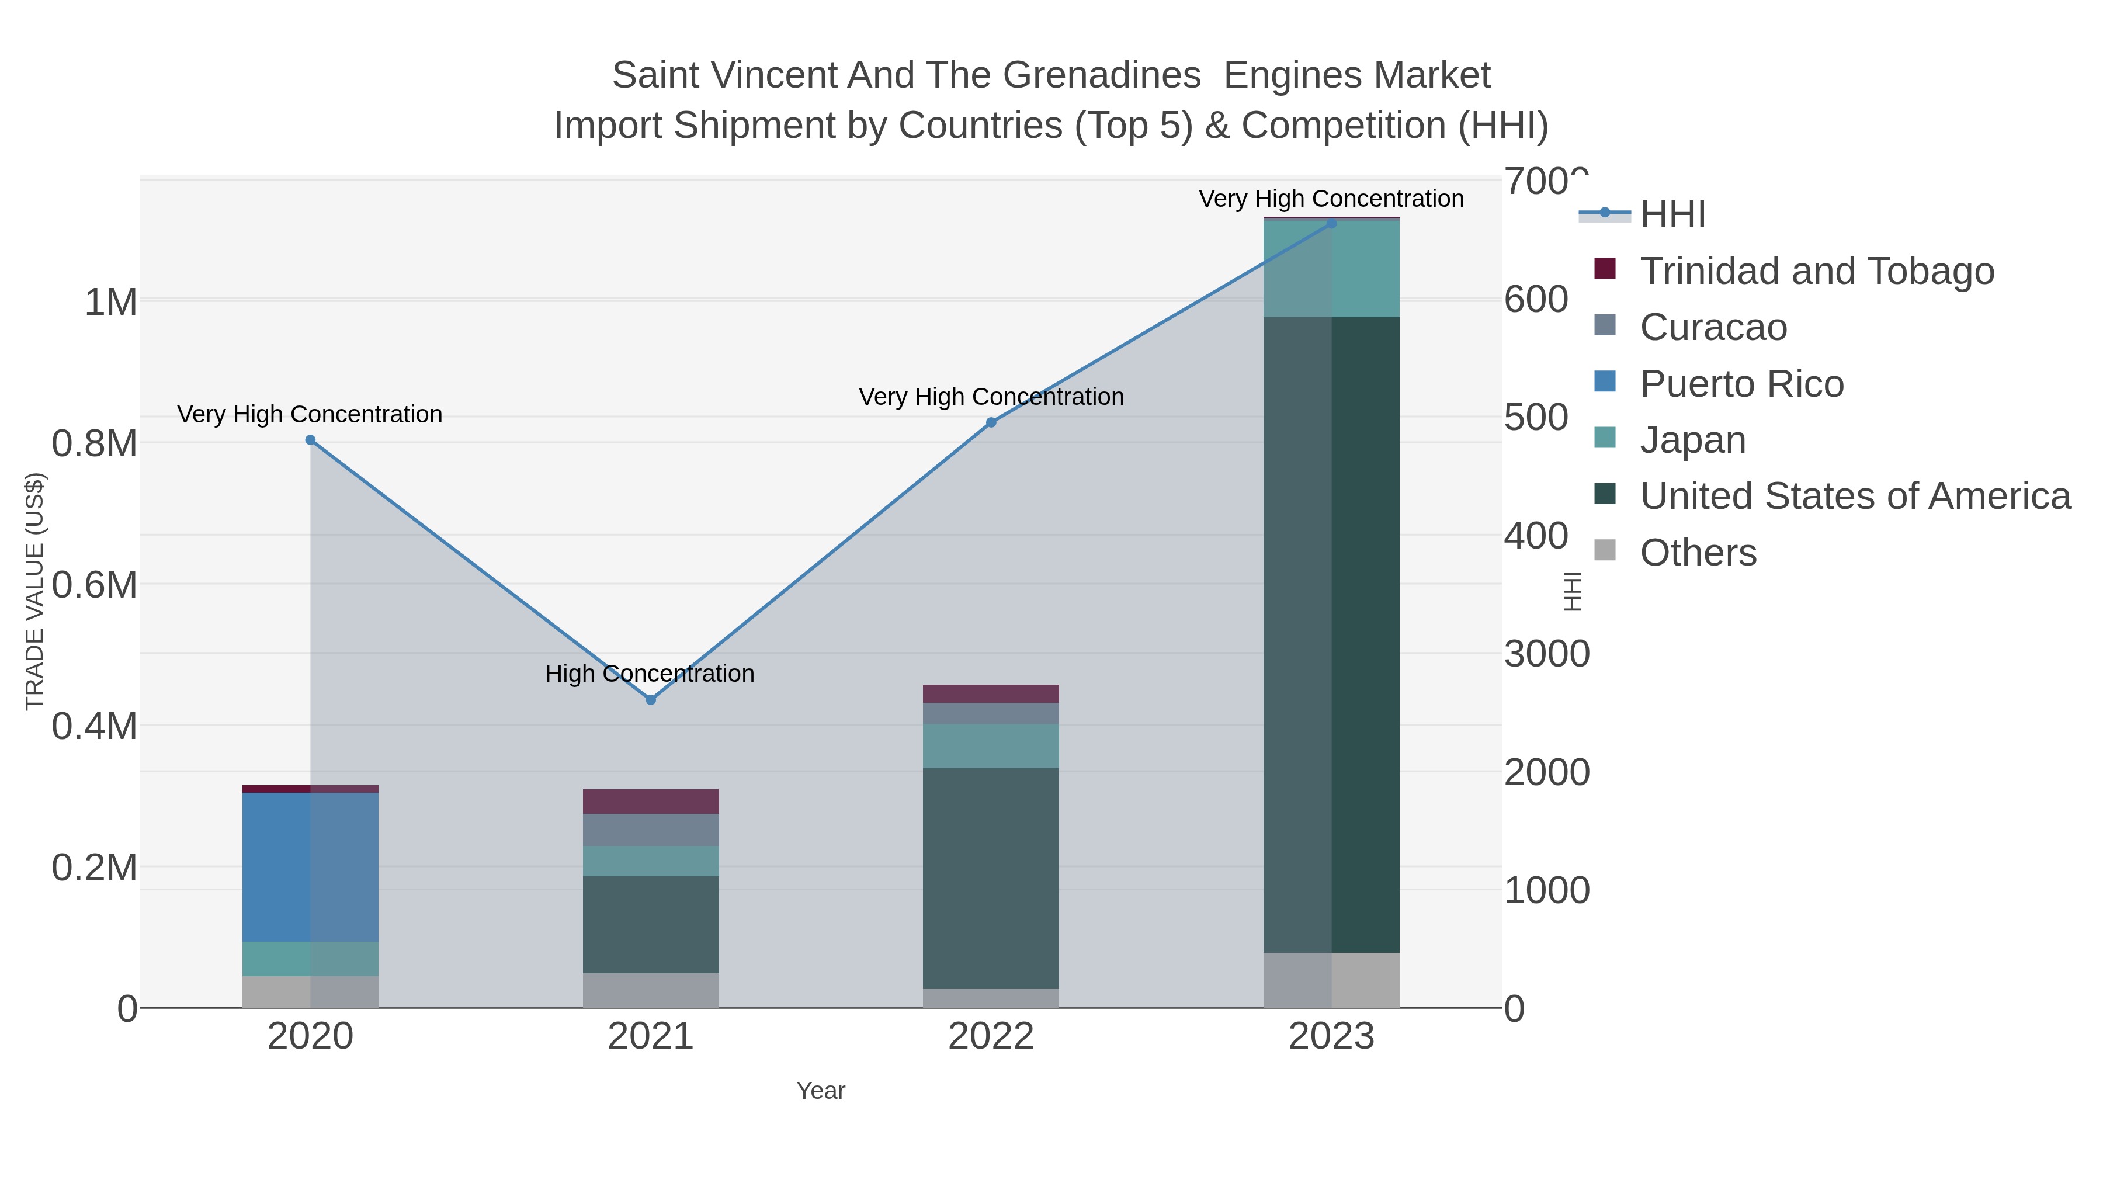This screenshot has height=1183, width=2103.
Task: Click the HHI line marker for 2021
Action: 651,700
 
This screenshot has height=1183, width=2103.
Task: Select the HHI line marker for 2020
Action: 310,440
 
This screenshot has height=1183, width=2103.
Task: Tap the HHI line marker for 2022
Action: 991,422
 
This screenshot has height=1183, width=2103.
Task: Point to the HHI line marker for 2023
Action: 1331,223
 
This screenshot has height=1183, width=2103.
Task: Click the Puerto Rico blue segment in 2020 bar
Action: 310,866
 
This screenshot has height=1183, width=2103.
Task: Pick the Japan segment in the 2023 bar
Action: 1331,269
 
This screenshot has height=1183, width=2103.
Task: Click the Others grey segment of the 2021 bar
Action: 651,990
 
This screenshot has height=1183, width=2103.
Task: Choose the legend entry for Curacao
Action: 1713,327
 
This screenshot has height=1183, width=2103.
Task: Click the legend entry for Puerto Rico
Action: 1741,384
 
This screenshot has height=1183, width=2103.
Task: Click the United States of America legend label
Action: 1855,497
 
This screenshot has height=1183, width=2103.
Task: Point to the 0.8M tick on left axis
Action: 94,444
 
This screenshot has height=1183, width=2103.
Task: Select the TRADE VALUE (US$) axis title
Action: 34,591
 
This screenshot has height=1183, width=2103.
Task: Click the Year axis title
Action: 821,1091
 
